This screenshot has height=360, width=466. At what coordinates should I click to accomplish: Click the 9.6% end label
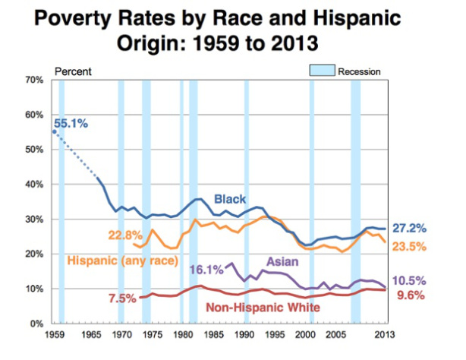click(414, 297)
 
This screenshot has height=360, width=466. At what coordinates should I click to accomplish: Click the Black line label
click(229, 199)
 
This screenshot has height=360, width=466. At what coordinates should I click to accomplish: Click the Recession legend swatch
click(321, 71)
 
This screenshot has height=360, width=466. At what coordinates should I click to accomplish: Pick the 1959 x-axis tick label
click(53, 334)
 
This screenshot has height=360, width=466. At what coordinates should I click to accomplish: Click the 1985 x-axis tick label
click(215, 334)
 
